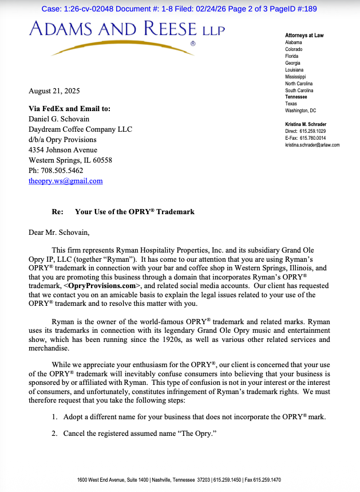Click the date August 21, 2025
tap(54, 91)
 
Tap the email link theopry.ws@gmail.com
tap(66, 181)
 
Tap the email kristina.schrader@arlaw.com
tap(312, 145)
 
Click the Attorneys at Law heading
tap(304, 36)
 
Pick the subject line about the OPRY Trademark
tap(134, 212)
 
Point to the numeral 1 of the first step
tap(54, 417)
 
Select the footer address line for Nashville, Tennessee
tap(179, 480)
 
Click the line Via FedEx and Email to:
tap(69, 109)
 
